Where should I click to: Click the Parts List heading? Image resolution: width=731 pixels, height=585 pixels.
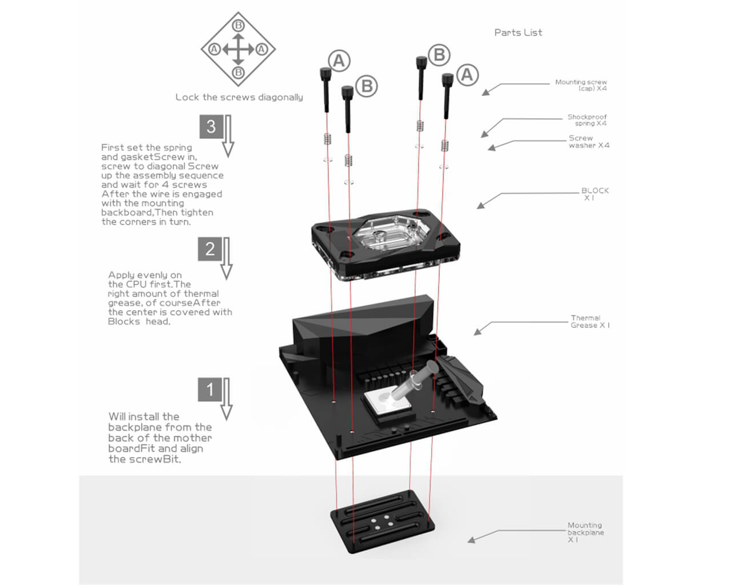518,33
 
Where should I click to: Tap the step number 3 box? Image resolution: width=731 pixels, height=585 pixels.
211,126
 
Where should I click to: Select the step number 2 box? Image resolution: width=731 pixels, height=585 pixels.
210,249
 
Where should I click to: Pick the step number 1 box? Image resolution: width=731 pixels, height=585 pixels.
210,389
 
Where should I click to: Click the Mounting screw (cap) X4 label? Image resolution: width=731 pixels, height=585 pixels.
581,85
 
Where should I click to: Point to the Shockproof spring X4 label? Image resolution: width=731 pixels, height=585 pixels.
587,120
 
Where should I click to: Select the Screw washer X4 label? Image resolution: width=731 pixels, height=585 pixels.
588,142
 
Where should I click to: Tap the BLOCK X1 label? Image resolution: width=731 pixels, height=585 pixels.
595,194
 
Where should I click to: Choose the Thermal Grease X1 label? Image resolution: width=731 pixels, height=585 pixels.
589,322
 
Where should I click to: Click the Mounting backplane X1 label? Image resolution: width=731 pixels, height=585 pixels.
585,532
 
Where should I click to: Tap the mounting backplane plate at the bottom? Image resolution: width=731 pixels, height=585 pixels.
382,522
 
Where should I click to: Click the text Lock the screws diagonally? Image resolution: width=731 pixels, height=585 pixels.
239,97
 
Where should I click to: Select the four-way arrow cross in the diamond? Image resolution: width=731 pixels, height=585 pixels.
238,49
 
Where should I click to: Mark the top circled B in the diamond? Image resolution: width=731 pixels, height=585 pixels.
238,25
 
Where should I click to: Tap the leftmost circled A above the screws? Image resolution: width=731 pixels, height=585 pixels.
339,61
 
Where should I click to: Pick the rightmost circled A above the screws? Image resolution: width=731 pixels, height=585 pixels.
467,75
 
